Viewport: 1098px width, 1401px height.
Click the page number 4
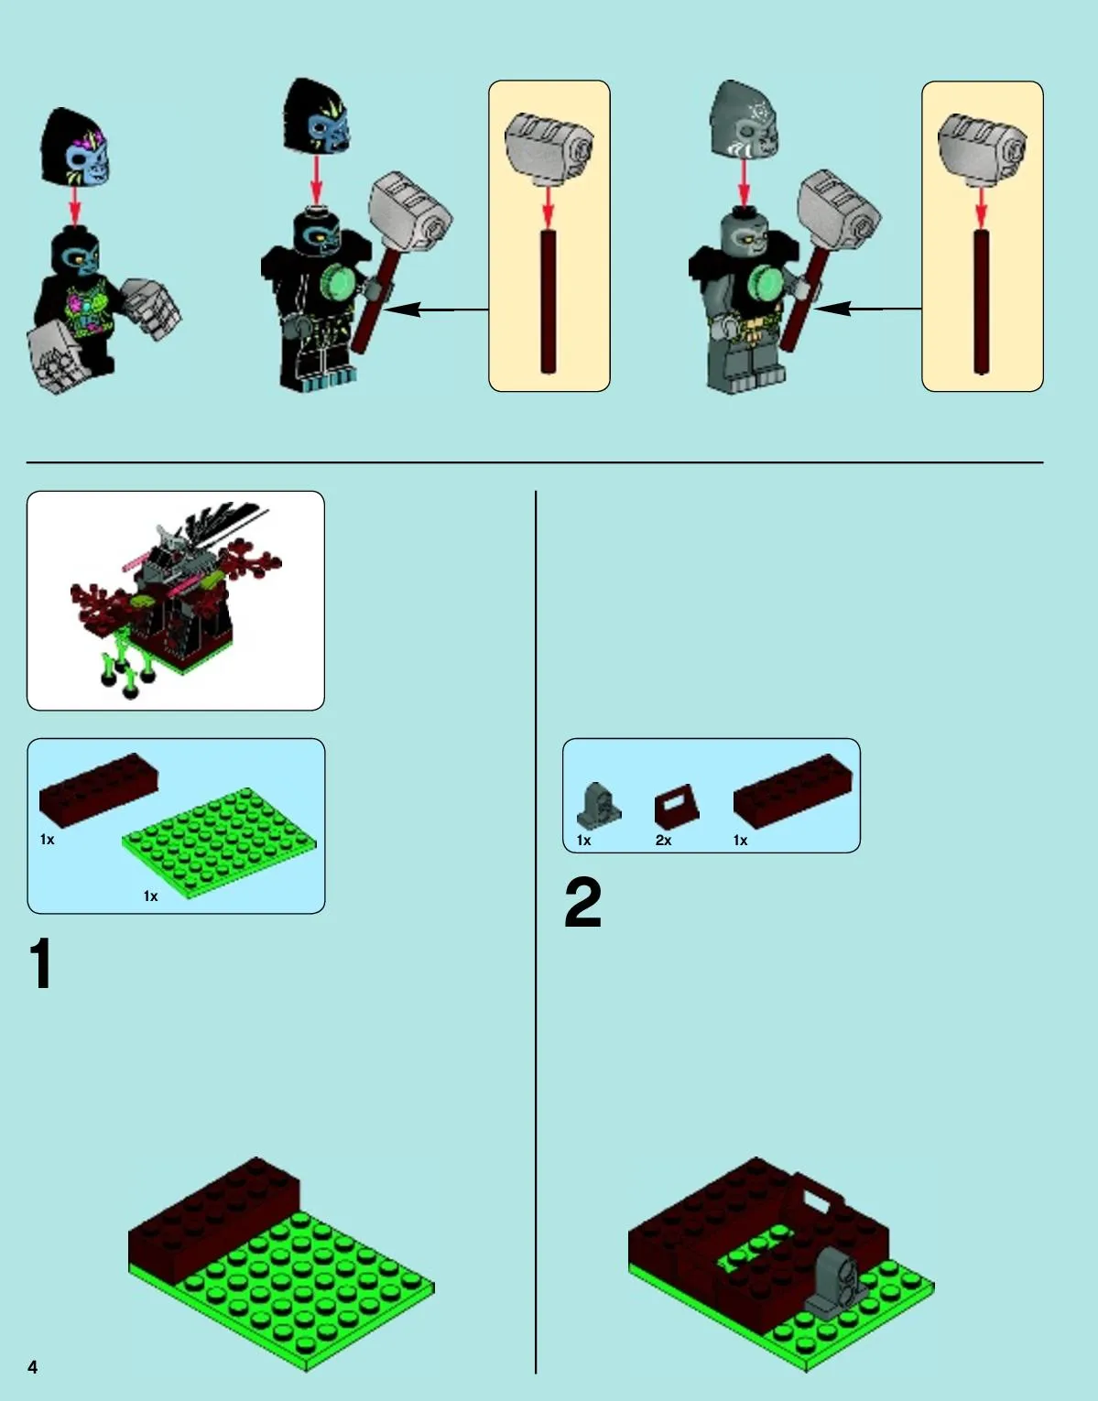click(33, 1366)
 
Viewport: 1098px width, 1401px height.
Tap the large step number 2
click(582, 903)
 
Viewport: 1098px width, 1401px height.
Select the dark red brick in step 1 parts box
click(99, 789)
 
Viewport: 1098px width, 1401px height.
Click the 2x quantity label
click(663, 840)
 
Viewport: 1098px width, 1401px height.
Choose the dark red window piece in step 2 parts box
click(677, 807)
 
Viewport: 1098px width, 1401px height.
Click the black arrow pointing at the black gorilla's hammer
click(436, 310)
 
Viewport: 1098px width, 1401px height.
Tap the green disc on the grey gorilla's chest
click(766, 283)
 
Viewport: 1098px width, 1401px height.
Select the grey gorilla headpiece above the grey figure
click(744, 120)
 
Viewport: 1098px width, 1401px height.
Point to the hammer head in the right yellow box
click(982, 149)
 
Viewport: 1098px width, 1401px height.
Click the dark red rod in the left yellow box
click(548, 301)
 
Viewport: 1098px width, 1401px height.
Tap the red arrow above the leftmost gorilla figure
click(75, 205)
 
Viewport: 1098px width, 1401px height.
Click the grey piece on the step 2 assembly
click(834, 1281)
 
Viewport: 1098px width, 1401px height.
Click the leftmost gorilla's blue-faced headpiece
click(75, 147)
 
